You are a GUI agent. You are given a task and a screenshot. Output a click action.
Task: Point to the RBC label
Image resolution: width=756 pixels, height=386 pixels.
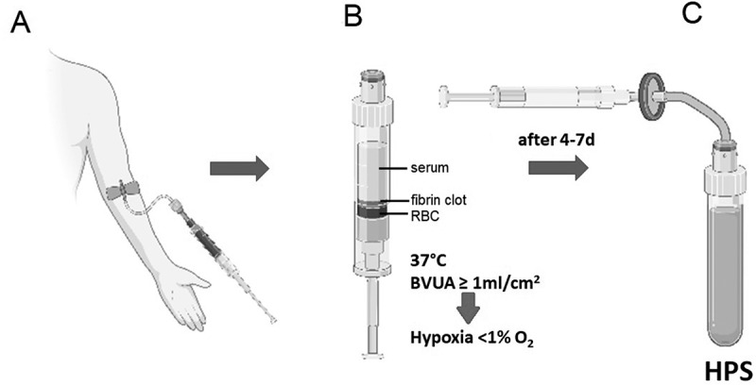[x=425, y=216]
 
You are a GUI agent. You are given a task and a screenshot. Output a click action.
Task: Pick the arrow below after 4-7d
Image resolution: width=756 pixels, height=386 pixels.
[x=558, y=169]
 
